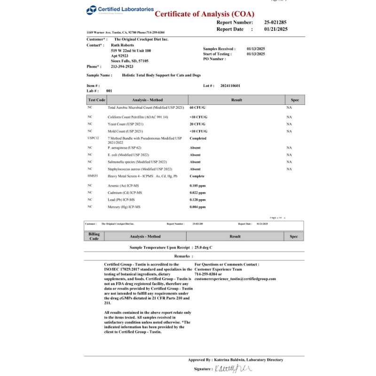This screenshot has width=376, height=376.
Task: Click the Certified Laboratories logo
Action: pos(120,10)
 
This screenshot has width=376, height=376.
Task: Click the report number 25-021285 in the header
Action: pos(275,22)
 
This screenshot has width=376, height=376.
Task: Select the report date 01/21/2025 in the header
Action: pos(275,29)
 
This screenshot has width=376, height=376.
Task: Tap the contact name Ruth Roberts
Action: pos(122,45)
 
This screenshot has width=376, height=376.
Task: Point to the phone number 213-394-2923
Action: pos(123,67)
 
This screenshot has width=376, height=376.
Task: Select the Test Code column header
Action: pos(97,100)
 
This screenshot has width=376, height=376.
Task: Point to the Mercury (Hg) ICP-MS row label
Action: pos(124,207)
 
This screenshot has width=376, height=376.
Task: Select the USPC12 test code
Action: pos(94,139)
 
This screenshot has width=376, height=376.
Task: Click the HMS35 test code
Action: pos(93,176)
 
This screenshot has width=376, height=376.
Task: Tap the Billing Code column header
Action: pos(94,236)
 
